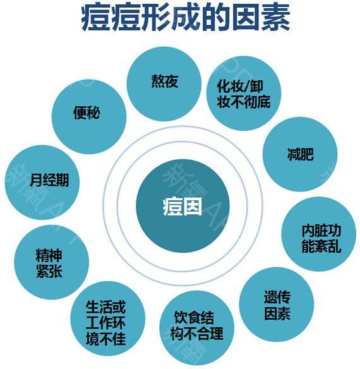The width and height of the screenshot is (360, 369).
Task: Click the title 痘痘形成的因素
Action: click(x=186, y=18)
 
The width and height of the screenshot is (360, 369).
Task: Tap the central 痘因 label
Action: click(x=183, y=207)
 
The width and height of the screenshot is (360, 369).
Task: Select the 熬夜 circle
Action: click(x=164, y=84)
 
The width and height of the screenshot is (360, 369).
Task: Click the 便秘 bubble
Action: click(x=89, y=117)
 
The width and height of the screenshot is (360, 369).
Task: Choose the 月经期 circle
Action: click(x=42, y=183)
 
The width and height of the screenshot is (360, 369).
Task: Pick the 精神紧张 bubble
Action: click(x=52, y=262)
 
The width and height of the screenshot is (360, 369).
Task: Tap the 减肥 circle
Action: click(x=300, y=154)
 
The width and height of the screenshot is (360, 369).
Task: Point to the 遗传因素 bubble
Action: click(x=277, y=305)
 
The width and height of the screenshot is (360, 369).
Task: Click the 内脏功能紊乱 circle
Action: click(x=319, y=234)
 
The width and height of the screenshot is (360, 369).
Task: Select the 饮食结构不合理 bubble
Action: click(x=197, y=328)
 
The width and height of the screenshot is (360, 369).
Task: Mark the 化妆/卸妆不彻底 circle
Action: click(x=244, y=93)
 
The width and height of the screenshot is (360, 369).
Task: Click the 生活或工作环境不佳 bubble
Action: click(x=108, y=318)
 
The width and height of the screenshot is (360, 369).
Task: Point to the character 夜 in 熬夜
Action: click(x=171, y=82)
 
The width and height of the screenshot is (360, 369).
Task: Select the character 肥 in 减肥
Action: click(x=308, y=154)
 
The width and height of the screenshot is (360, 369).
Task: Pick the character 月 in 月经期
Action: click(x=36, y=181)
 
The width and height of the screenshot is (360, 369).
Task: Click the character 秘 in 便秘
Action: click(x=93, y=112)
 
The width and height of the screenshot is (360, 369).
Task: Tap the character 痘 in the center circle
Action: click(x=172, y=207)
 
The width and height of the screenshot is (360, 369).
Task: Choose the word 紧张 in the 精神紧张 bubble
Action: click(x=49, y=270)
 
